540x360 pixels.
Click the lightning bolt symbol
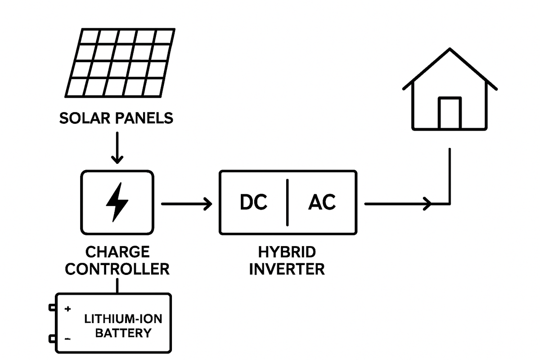[117, 202]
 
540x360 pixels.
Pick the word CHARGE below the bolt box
[117, 252]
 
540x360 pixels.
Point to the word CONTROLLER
[117, 269]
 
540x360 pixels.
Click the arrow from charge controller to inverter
[186, 204]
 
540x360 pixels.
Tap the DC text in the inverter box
[253, 202]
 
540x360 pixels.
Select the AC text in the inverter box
[322, 202]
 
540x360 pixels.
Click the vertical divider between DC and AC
[287, 202]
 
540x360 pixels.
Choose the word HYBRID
[287, 252]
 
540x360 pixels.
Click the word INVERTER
[287, 269]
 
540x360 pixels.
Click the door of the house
[450, 113]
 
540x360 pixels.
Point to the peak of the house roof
[450, 49]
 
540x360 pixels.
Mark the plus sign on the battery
[68, 309]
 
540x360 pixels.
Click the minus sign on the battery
[67, 338]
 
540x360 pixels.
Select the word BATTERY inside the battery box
[123, 333]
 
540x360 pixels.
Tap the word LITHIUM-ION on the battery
[123, 319]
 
